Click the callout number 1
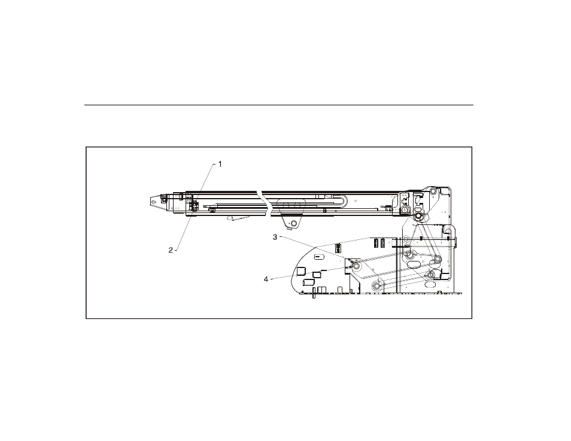click(220, 164)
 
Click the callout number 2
click(171, 250)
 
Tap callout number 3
click(275, 237)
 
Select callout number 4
click(266, 279)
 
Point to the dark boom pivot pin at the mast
click(418, 217)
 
